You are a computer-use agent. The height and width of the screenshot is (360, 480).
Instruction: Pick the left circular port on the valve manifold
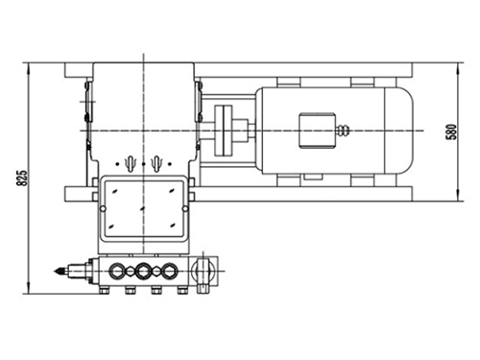pos(118,270)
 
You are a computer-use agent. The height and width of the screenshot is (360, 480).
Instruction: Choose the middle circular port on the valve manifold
pos(144,270)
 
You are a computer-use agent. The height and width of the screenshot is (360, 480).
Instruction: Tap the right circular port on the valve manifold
pos(170,270)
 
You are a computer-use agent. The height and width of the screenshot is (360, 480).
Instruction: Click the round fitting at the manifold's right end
pos(204,272)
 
